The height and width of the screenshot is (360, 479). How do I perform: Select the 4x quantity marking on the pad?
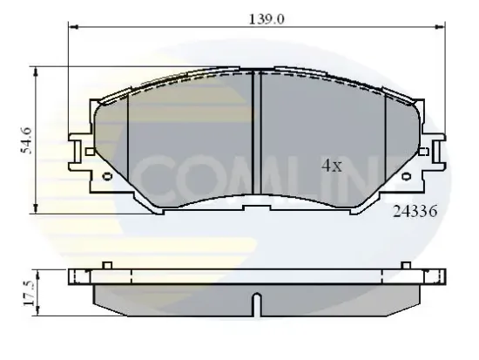pos(331,166)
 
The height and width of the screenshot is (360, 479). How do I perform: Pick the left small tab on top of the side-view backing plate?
pos(105,264)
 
